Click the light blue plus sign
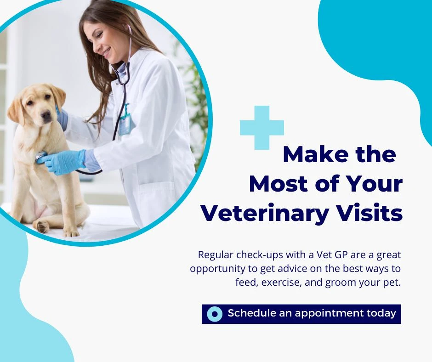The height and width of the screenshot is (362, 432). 262,127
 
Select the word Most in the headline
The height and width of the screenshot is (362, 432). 279,184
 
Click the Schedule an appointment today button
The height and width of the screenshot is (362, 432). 301,314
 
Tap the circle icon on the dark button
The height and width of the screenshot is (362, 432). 215,314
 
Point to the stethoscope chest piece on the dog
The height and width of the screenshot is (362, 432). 41,157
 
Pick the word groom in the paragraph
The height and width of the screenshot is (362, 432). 340,282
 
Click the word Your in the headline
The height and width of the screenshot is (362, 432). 377,184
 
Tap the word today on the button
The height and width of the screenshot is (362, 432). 381,313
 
